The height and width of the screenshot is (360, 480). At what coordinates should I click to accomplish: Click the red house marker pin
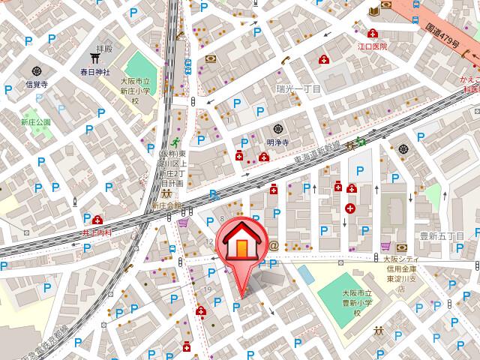241,244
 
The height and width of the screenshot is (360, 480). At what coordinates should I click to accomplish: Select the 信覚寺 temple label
37,84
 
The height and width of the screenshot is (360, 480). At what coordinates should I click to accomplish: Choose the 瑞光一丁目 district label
298,89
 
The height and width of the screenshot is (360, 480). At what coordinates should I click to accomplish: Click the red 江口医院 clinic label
372,46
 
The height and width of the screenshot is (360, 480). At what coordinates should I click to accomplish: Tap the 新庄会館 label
166,205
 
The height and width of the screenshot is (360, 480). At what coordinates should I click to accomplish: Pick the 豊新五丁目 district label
442,236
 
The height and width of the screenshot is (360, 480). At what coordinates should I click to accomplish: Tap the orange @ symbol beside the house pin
274,246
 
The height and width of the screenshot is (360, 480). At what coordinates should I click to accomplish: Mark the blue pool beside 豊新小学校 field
305,272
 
